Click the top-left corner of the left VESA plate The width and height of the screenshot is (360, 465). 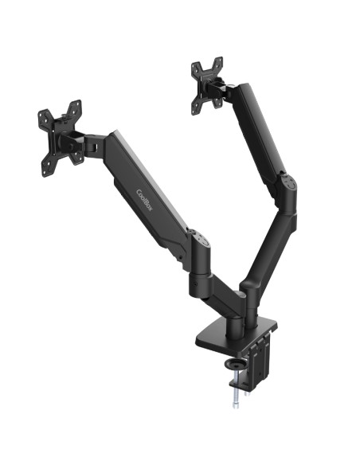pos(41,115)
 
